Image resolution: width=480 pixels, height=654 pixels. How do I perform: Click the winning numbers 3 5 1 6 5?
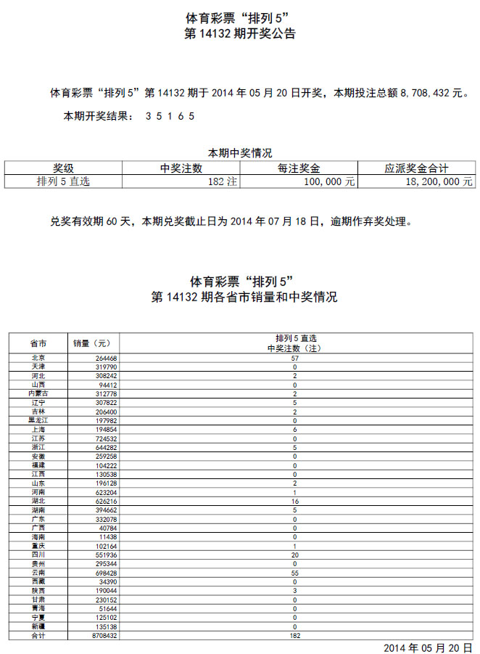[170, 116]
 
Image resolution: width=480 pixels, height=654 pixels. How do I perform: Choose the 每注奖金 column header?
[299, 168]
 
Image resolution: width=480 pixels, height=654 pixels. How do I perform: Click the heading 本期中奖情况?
[240, 152]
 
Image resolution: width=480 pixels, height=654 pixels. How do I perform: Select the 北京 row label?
[38, 358]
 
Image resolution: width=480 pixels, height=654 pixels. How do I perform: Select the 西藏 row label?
[38, 581]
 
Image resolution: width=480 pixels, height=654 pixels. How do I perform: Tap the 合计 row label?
[38, 634]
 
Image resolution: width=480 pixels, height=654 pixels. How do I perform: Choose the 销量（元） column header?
[92, 343]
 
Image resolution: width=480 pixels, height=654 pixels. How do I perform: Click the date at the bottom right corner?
[428, 646]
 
